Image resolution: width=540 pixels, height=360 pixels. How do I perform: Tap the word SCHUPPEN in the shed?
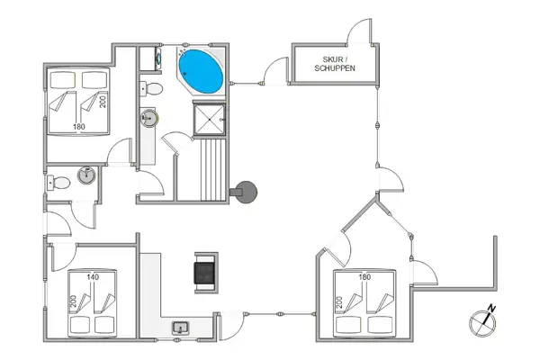(x=334, y=69)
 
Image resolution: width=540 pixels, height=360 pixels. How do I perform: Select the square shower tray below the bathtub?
(x=209, y=118)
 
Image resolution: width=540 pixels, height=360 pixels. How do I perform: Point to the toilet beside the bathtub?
(x=154, y=88)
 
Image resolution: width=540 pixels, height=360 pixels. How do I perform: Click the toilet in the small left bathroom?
(x=59, y=183)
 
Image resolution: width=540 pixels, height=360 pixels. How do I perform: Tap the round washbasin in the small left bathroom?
(x=85, y=175)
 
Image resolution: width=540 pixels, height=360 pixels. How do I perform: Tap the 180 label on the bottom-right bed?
(x=364, y=278)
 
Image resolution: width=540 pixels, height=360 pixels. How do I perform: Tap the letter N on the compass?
(x=491, y=310)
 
